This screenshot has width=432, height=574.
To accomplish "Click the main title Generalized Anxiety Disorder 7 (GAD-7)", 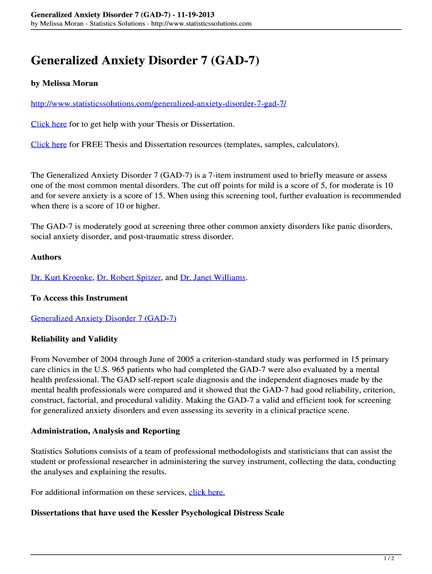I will coord(145,60).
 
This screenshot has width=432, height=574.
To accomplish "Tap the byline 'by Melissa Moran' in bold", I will coord(65,83).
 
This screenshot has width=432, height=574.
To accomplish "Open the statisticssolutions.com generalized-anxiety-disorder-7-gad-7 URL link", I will coord(158,104).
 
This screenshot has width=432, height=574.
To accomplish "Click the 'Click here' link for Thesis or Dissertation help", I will coord(49,124).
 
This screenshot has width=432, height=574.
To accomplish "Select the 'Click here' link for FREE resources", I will coord(49,144).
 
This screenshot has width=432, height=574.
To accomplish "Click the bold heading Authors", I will coord(46,257).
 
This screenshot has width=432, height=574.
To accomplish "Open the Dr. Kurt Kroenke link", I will coord(62,277).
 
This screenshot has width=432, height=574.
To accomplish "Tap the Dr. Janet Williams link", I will coord(213,277).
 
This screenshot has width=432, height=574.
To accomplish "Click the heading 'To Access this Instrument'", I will coord(79,298).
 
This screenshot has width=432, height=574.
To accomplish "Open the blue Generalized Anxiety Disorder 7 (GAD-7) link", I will coord(104,318).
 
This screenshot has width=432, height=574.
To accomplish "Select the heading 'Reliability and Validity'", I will coord(74,339).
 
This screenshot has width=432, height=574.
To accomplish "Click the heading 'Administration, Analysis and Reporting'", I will coord(105,430).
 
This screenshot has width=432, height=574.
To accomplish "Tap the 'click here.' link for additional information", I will coord(207,492).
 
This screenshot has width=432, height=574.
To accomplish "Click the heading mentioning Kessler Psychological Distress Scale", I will coord(158,512).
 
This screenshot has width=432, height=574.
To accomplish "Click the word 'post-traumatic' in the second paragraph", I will coord(168,237).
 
